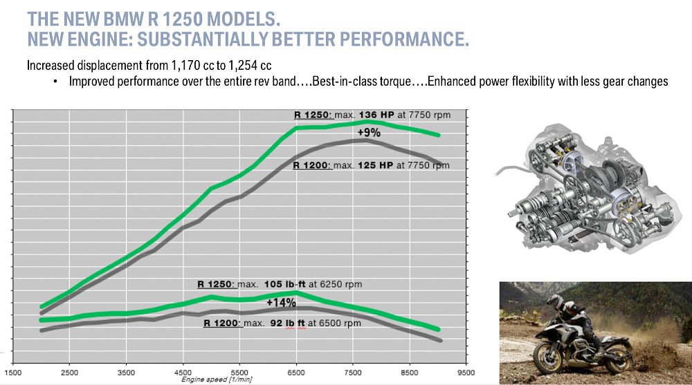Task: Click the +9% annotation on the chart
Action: coord(369,133)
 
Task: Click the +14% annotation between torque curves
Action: coord(281,302)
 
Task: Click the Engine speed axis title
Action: coord(215,379)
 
